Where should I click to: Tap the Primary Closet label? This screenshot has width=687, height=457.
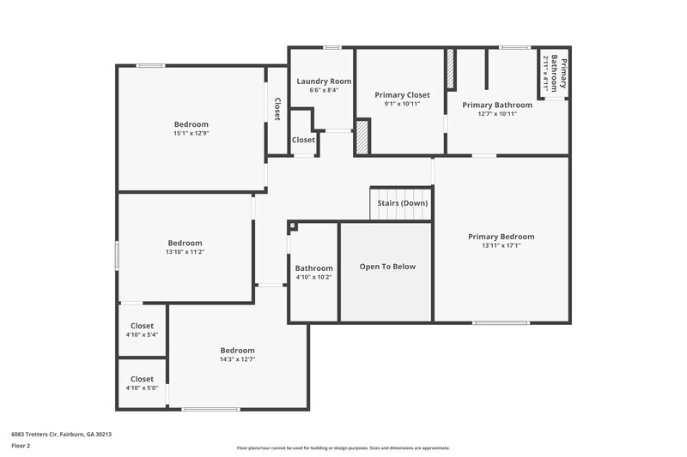click(x=402, y=94)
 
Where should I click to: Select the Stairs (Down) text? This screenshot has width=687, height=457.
click(x=403, y=203)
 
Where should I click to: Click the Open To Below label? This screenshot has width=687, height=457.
click(x=387, y=267)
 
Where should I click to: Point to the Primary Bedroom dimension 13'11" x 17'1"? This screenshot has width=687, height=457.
click(x=501, y=246)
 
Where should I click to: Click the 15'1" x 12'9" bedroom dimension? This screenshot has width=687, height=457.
click(x=191, y=133)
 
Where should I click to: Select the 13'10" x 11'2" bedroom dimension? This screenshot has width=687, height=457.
click(x=185, y=252)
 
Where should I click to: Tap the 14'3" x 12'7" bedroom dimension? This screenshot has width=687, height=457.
click(x=237, y=359)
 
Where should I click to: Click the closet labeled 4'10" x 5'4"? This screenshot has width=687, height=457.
click(x=142, y=335)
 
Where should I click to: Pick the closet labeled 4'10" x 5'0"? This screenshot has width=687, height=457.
click(x=142, y=388)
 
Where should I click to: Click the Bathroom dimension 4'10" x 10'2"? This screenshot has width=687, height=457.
click(x=313, y=277)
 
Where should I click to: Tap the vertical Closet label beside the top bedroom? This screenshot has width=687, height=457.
click(x=277, y=109)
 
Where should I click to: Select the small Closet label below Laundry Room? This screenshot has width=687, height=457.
click(x=303, y=140)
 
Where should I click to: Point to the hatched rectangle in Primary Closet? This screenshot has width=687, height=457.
click(x=362, y=137)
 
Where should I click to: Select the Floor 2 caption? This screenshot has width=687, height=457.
click(x=21, y=447)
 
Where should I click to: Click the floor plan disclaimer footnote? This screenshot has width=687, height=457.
click(x=343, y=448)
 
